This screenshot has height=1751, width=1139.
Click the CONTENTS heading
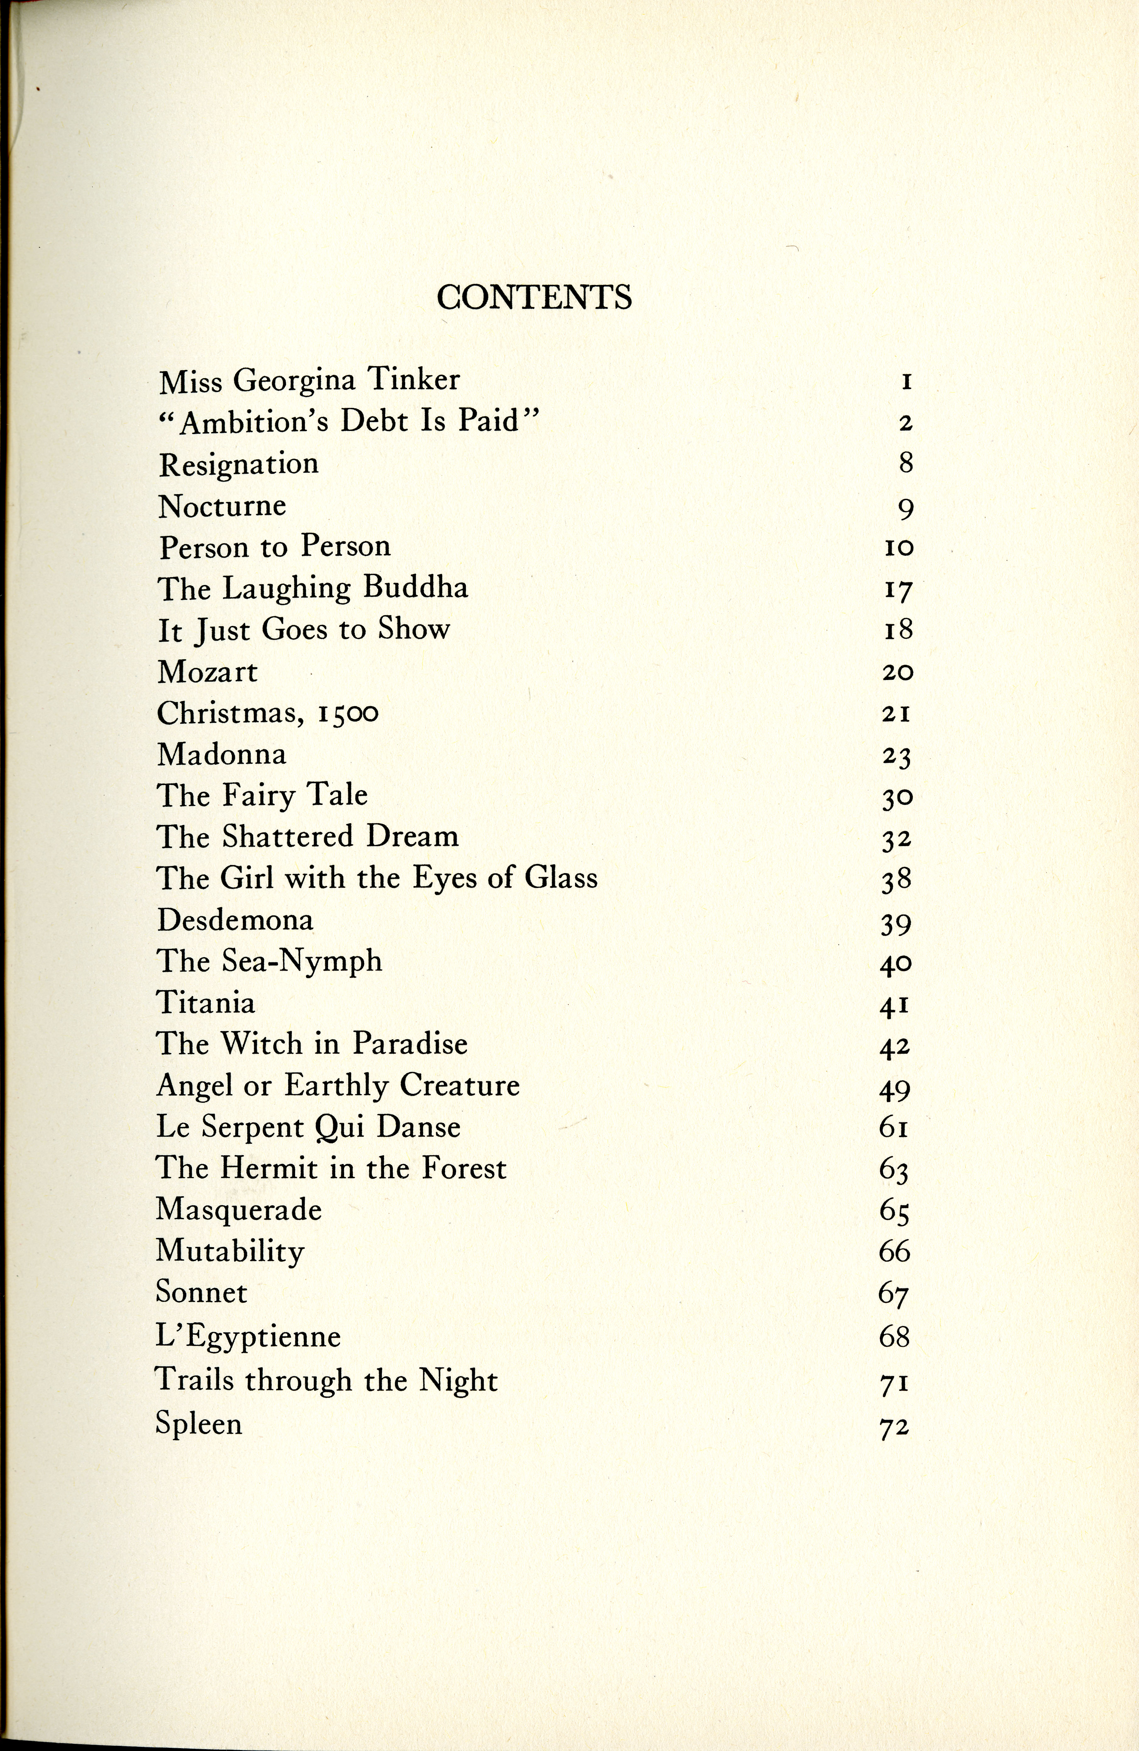pyautogui.click(x=534, y=297)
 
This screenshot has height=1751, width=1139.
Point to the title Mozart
pyautogui.click(x=208, y=672)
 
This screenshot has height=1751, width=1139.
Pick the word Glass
pyautogui.click(x=561, y=878)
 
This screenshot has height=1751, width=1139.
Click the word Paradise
pyautogui.click(x=410, y=1044)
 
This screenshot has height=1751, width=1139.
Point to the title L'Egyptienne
pyautogui.click(x=248, y=1337)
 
